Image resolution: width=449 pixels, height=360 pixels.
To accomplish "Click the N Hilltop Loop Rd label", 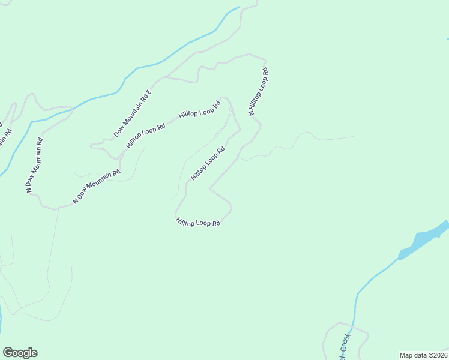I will click(258, 91).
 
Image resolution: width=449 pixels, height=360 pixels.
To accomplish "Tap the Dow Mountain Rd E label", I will click(133, 113).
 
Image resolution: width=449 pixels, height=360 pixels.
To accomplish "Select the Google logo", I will click(20, 353).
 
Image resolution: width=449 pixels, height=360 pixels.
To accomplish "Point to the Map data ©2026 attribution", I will click(423, 355).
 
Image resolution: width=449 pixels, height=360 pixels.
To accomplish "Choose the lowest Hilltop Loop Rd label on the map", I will click(199, 223).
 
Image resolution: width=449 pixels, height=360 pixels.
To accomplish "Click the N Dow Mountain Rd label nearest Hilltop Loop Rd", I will click(96, 187).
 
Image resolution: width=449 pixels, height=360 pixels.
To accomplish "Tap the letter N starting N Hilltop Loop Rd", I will click(252, 112).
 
